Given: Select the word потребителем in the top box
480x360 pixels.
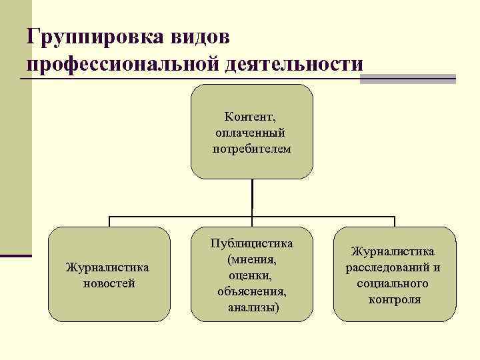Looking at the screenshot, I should [x=252, y=148].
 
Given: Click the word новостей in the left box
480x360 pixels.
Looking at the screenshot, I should [x=108, y=283].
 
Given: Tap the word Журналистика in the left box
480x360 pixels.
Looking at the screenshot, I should [x=108, y=268].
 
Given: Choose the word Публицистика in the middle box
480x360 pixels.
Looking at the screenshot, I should [x=251, y=243].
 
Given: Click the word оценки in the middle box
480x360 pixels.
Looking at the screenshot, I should [x=250, y=275].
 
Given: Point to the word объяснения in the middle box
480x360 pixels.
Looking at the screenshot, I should [x=252, y=291].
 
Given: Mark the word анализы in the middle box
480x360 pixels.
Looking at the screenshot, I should [x=253, y=307].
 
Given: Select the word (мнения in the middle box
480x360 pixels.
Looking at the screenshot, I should [x=252, y=259].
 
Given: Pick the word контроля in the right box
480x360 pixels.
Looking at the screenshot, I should [x=395, y=299].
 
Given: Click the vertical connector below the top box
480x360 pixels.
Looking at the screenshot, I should [x=252, y=197].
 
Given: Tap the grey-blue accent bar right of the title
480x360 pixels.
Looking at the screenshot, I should [x=407, y=79].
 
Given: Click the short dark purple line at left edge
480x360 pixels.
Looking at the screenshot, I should [x=15, y=255].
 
